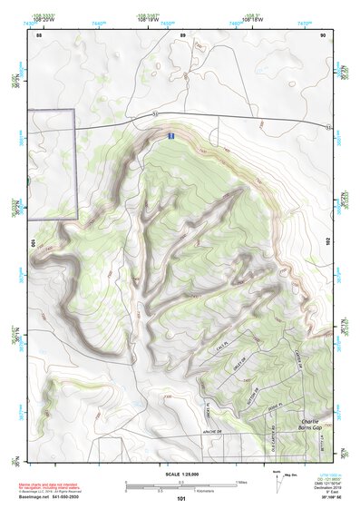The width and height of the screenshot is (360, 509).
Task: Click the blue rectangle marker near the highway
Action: click(170, 135)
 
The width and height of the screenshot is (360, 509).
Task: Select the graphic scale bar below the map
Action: click(181, 485)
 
